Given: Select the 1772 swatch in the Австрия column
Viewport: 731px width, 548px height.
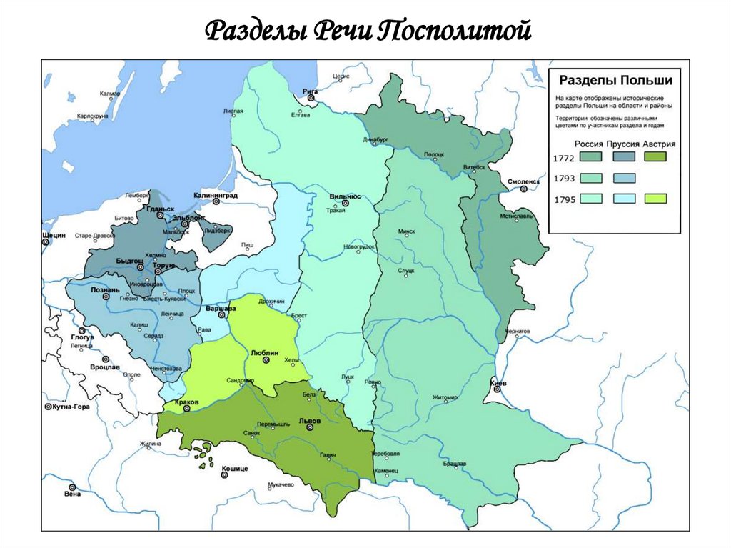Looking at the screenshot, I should [654, 156].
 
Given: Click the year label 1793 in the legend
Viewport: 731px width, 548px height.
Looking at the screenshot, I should [564, 178].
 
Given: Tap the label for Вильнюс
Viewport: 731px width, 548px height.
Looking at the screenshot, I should [345, 195].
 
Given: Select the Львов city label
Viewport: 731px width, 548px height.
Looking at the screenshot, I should [309, 420].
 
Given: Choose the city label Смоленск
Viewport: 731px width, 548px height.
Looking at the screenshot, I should [524, 181].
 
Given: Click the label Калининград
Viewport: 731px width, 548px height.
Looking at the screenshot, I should [217, 195].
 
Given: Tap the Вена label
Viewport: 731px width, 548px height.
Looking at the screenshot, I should [71, 493].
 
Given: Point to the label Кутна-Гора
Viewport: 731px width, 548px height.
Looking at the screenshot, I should [74, 406].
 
